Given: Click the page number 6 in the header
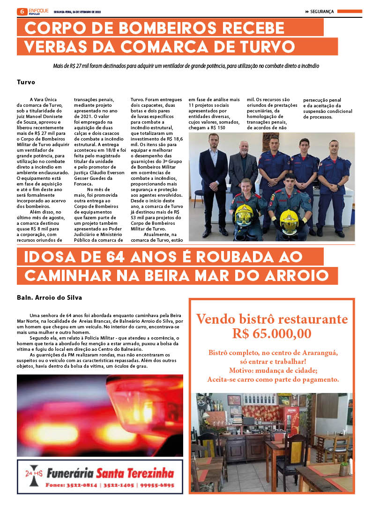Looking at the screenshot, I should click(x=21, y=11).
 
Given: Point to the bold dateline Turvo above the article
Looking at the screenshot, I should click(x=26, y=81).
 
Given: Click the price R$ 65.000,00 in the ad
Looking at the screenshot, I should click(x=271, y=333).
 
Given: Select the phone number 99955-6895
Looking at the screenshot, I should click(x=156, y=485).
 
